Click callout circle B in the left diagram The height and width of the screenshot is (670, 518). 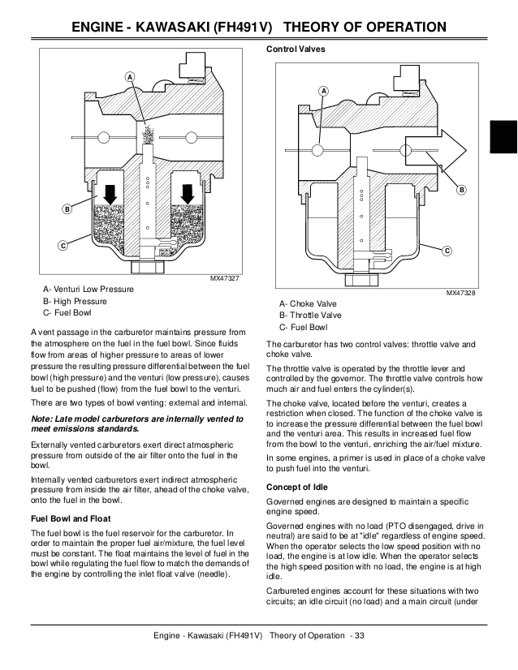(x=67, y=210)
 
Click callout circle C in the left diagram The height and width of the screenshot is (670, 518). (x=61, y=245)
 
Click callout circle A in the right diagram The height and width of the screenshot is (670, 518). (x=324, y=90)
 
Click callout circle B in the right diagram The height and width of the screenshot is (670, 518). (x=462, y=190)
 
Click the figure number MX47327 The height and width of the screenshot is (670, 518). (x=225, y=279)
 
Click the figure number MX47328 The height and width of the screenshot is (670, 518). (x=460, y=293)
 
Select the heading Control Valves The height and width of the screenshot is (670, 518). (x=296, y=49)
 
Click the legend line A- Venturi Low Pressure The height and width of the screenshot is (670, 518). (x=89, y=289)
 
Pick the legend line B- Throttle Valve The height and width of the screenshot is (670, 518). (x=310, y=316)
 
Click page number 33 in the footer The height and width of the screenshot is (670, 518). (x=360, y=634)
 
